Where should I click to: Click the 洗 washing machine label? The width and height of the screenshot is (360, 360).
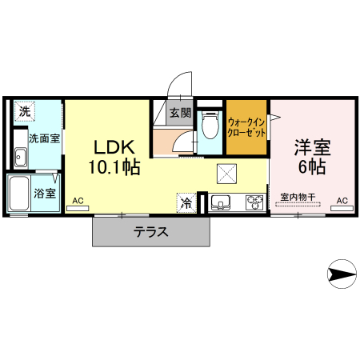[x=25, y=111]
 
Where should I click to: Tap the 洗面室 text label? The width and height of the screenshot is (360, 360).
[x=45, y=138]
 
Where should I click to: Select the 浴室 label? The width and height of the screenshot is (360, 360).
[x=46, y=193]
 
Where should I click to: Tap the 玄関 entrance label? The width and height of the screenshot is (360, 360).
[x=180, y=113]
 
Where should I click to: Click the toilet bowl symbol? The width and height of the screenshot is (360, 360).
[x=210, y=126]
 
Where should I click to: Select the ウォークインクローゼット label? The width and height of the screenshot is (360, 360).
[x=246, y=126]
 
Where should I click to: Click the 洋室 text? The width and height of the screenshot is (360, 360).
[x=312, y=148]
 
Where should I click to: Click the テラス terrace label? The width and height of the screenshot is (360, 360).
[x=150, y=233]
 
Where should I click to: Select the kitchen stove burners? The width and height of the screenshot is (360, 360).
[x=254, y=202]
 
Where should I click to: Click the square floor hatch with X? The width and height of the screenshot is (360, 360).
[x=227, y=172]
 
